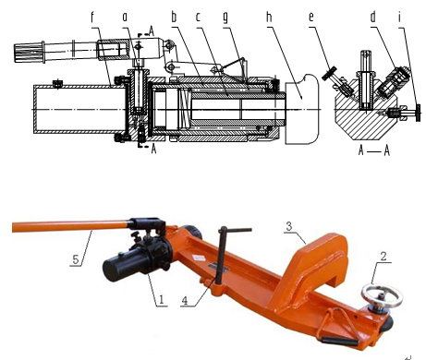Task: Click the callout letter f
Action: coord(92,18)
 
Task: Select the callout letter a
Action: coord(125,17)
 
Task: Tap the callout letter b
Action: coord(174,17)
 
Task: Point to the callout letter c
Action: coord(198,17)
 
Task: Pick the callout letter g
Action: coord(225,18)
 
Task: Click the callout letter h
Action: coord(269,17)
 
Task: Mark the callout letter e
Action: coord(311,18)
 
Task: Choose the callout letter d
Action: coord(373,17)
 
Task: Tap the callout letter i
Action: coord(399,17)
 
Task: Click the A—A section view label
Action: coord(374,150)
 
